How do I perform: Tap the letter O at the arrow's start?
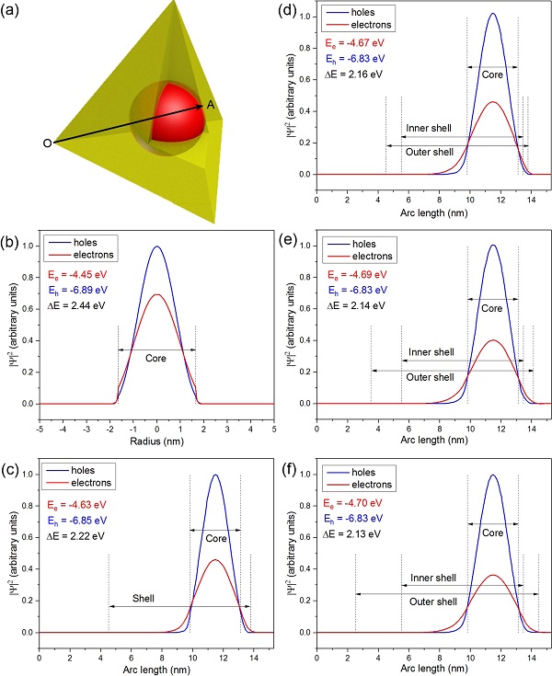point(47,143)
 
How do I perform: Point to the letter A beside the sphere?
point(211,105)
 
